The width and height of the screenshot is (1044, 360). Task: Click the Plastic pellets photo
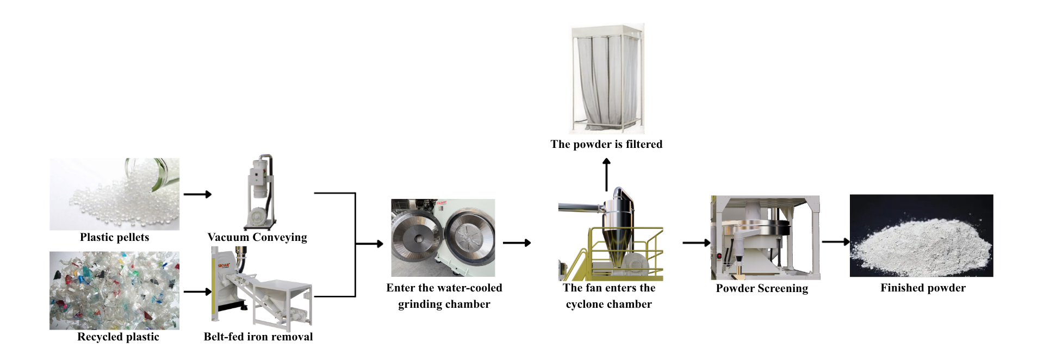coord(114,194)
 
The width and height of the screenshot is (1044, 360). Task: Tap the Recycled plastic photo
coord(114,290)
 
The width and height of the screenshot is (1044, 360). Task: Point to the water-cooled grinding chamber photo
coord(443,238)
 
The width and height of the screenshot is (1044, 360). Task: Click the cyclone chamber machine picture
coord(611,234)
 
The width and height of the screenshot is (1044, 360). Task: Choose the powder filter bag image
coord(607,78)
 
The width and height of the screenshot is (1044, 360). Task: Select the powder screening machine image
coord(765,238)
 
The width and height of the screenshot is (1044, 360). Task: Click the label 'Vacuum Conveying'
coord(257,237)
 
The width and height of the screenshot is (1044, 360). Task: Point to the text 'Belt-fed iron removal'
coord(258,337)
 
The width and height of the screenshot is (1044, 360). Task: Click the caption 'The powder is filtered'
coord(606,144)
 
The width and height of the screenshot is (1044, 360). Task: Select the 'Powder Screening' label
coord(762,288)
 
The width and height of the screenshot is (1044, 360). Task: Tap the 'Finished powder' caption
coord(923,288)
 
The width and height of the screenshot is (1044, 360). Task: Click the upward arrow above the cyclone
coord(607,175)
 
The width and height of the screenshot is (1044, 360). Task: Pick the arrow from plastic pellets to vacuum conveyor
coord(198,194)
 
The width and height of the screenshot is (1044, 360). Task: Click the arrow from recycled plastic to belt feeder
coord(198,292)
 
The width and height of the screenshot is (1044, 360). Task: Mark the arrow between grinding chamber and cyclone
coord(517,243)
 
